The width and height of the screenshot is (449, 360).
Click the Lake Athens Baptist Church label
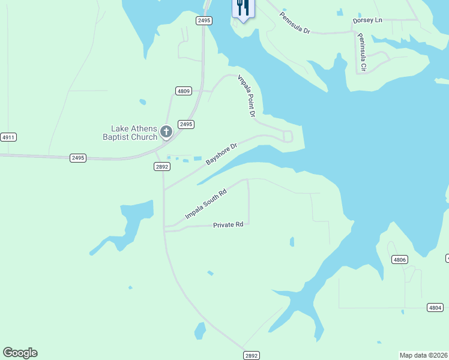point(134,132)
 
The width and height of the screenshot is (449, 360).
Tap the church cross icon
point(166,131)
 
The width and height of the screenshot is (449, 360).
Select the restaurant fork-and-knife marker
point(243,8)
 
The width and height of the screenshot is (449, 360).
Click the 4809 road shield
point(184,91)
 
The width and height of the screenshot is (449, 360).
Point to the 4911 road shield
point(8,137)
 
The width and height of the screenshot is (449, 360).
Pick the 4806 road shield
point(399,260)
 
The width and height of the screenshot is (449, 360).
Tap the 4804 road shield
point(436,307)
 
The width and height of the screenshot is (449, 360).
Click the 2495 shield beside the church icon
point(186,124)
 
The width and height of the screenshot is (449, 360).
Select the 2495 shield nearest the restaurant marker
point(204,20)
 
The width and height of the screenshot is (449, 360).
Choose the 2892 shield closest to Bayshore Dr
point(161,167)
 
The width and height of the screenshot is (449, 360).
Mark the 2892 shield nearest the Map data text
point(252,356)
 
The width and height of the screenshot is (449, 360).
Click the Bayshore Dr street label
point(222,154)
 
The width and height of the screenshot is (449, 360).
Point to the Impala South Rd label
point(206,203)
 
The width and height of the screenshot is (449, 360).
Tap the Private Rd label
point(228,225)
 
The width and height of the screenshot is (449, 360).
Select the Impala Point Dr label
point(247,95)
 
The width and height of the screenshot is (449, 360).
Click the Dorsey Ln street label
point(367,20)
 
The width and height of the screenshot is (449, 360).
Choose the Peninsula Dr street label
point(295,22)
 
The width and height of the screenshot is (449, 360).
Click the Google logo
point(20,353)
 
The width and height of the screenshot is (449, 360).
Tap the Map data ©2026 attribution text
point(424,355)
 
